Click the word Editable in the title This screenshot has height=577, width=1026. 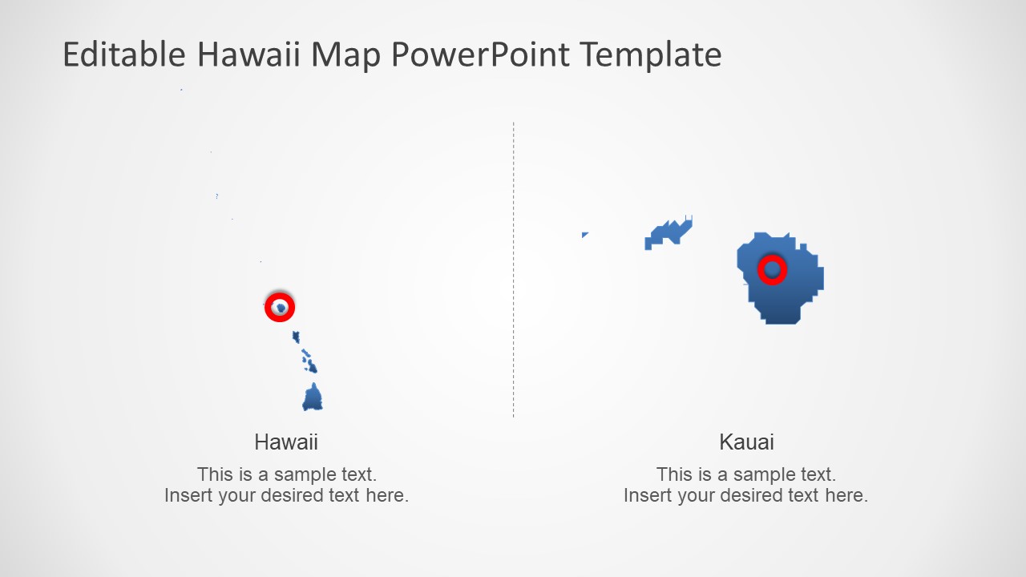pyautogui.click(x=124, y=55)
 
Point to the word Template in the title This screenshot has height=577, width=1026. pyautogui.click(x=651, y=55)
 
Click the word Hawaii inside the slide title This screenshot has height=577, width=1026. pyautogui.click(x=249, y=55)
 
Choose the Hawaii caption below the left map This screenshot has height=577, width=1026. pyautogui.click(x=286, y=442)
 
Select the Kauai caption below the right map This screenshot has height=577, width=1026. pyautogui.click(x=746, y=442)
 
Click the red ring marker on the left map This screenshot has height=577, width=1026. pyautogui.click(x=280, y=307)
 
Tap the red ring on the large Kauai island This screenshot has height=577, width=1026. pyautogui.click(x=773, y=270)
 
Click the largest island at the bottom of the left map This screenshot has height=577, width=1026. pyautogui.click(x=313, y=398)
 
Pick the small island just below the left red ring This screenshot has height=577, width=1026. pyautogui.click(x=296, y=337)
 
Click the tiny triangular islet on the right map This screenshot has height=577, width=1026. pyautogui.click(x=584, y=235)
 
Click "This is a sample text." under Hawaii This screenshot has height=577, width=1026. pyautogui.click(x=286, y=474)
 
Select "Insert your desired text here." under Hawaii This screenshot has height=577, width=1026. pyautogui.click(x=286, y=495)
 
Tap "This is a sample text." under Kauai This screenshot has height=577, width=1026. pyautogui.click(x=745, y=474)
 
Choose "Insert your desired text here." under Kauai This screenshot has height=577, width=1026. pyautogui.click(x=745, y=495)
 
